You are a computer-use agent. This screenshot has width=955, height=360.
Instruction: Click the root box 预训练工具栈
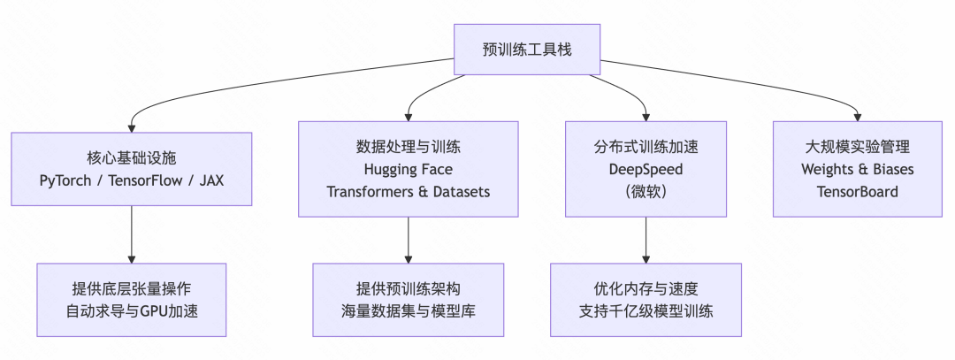pos(527,49)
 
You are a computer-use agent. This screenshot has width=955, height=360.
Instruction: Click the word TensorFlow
pos(144,180)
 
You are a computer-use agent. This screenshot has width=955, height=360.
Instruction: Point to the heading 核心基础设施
pos(132,158)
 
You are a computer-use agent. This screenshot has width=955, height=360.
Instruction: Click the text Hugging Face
pos(408,169)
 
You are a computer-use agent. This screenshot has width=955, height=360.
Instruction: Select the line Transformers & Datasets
pos(408,191)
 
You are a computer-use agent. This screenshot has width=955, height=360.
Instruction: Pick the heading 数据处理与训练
pos(408,147)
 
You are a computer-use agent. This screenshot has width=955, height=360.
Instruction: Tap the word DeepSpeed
pos(646,169)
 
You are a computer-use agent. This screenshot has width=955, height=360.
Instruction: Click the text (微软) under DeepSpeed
pos(646,191)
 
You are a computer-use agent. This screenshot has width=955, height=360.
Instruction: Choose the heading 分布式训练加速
pos(646,147)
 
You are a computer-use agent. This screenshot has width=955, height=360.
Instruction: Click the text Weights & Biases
pos(857,169)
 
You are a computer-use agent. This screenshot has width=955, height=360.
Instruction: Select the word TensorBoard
pos(857,191)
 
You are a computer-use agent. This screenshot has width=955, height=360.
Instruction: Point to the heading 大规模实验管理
pos(857,147)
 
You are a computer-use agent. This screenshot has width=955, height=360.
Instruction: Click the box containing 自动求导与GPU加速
pos(132,300)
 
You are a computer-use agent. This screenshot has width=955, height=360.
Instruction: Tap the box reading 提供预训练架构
pos(408,300)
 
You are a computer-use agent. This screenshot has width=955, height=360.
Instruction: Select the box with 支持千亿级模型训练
pos(646,300)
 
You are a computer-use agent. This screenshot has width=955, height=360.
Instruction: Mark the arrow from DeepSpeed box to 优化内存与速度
pos(646,239)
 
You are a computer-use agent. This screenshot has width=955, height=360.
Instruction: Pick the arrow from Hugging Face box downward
pos(408,239)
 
